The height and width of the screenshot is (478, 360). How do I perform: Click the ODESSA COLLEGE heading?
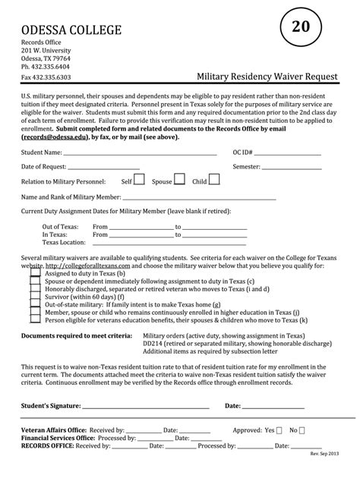click(x=71, y=30)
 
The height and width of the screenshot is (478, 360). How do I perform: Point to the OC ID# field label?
click(x=242, y=152)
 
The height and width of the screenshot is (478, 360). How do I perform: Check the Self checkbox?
click(x=140, y=181)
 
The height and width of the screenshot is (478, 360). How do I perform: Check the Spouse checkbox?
click(x=180, y=181)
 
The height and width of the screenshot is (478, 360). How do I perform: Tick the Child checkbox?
click(x=214, y=181)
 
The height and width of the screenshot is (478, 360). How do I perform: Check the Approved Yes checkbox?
click(x=280, y=429)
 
